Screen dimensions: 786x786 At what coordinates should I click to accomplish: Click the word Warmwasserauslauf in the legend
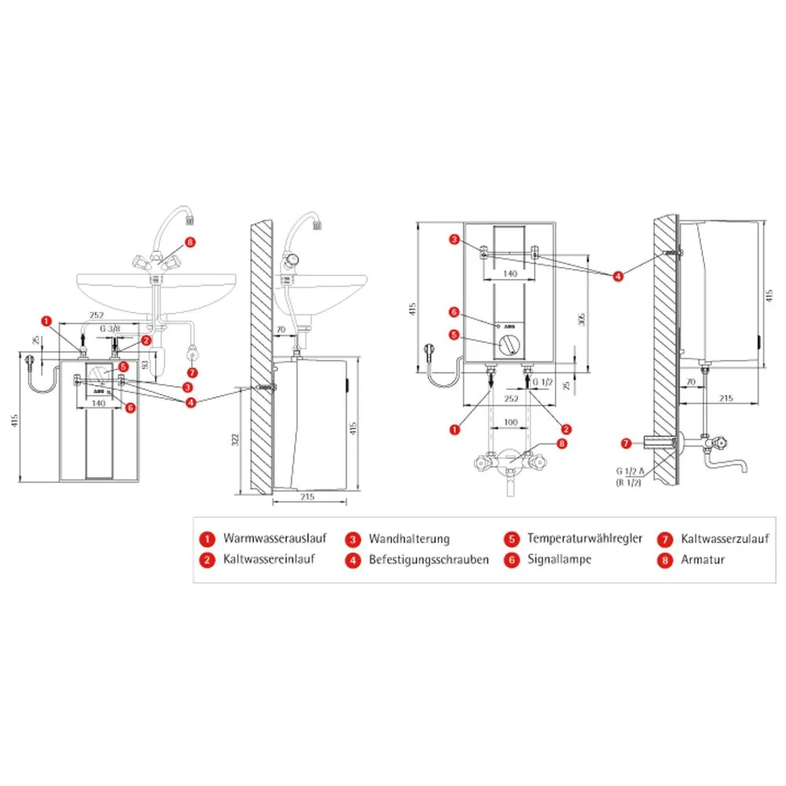[276, 539]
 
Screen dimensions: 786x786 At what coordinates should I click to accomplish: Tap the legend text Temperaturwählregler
[585, 539]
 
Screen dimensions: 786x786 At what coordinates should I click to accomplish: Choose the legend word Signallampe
[559, 560]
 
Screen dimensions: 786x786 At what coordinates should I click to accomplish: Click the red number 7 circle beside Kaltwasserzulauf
[665, 539]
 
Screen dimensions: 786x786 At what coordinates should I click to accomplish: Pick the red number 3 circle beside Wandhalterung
[354, 539]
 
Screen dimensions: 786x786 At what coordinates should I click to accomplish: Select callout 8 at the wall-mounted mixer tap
[561, 443]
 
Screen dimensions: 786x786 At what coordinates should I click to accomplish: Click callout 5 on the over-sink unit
[453, 335]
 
